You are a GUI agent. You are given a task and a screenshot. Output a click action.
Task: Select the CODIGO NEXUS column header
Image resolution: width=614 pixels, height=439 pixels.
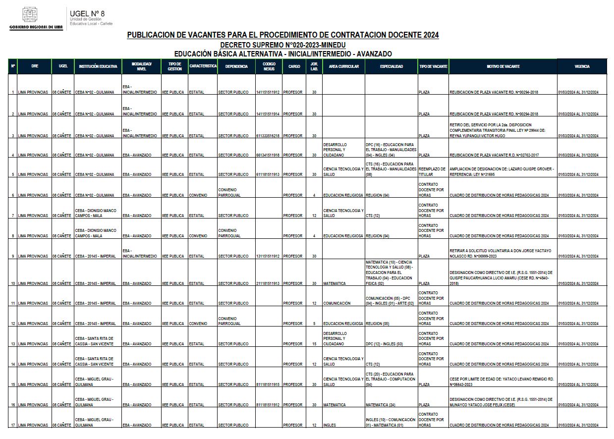coord(269,66)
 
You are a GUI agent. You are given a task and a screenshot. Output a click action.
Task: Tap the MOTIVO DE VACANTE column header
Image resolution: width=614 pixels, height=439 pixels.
coord(502,66)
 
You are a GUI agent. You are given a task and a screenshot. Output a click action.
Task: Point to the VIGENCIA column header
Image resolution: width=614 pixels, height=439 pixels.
coord(582,66)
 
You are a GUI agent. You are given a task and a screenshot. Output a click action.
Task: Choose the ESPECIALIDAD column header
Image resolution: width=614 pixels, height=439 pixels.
coord(391,66)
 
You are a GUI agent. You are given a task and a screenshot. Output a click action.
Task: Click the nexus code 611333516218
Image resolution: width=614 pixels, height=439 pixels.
coord(268,136)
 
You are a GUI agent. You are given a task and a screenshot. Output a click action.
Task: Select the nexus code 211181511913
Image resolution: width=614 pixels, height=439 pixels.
coord(268,283)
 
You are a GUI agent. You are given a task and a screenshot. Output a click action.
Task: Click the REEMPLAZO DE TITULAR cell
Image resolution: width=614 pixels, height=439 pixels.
coord(433,171)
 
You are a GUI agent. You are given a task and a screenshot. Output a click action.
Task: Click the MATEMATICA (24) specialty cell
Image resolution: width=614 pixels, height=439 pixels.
coord(381,405)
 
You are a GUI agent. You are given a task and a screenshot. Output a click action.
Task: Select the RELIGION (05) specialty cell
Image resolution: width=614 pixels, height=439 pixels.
coord(378,324)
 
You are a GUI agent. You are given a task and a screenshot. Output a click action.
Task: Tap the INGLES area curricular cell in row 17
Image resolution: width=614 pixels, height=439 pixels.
coord(330,425)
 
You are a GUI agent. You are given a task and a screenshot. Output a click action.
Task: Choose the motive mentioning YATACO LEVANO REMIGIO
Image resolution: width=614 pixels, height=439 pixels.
coord(501,382)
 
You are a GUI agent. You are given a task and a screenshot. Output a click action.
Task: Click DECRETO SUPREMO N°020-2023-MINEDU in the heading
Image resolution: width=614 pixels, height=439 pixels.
coord(283,45)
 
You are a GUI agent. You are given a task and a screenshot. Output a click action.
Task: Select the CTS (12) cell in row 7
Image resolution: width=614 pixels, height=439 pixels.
coord(373,216)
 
